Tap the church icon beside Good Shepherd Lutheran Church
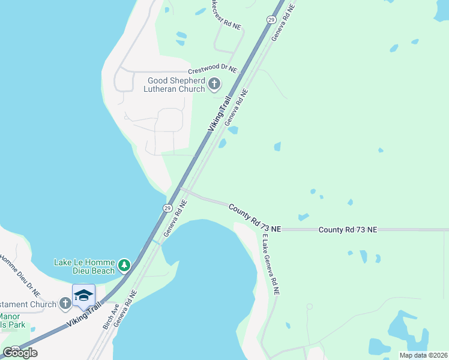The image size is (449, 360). [x=215, y=85]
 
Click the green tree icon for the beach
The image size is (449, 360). [x=124, y=265]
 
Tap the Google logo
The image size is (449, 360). [x=20, y=353]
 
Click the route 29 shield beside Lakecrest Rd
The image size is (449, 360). [x=271, y=20]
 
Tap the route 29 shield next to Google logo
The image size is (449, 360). [x=15, y=348]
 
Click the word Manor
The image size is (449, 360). [x=10, y=316]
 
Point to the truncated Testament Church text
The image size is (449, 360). [x=29, y=304]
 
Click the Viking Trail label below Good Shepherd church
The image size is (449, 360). [x=219, y=115]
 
